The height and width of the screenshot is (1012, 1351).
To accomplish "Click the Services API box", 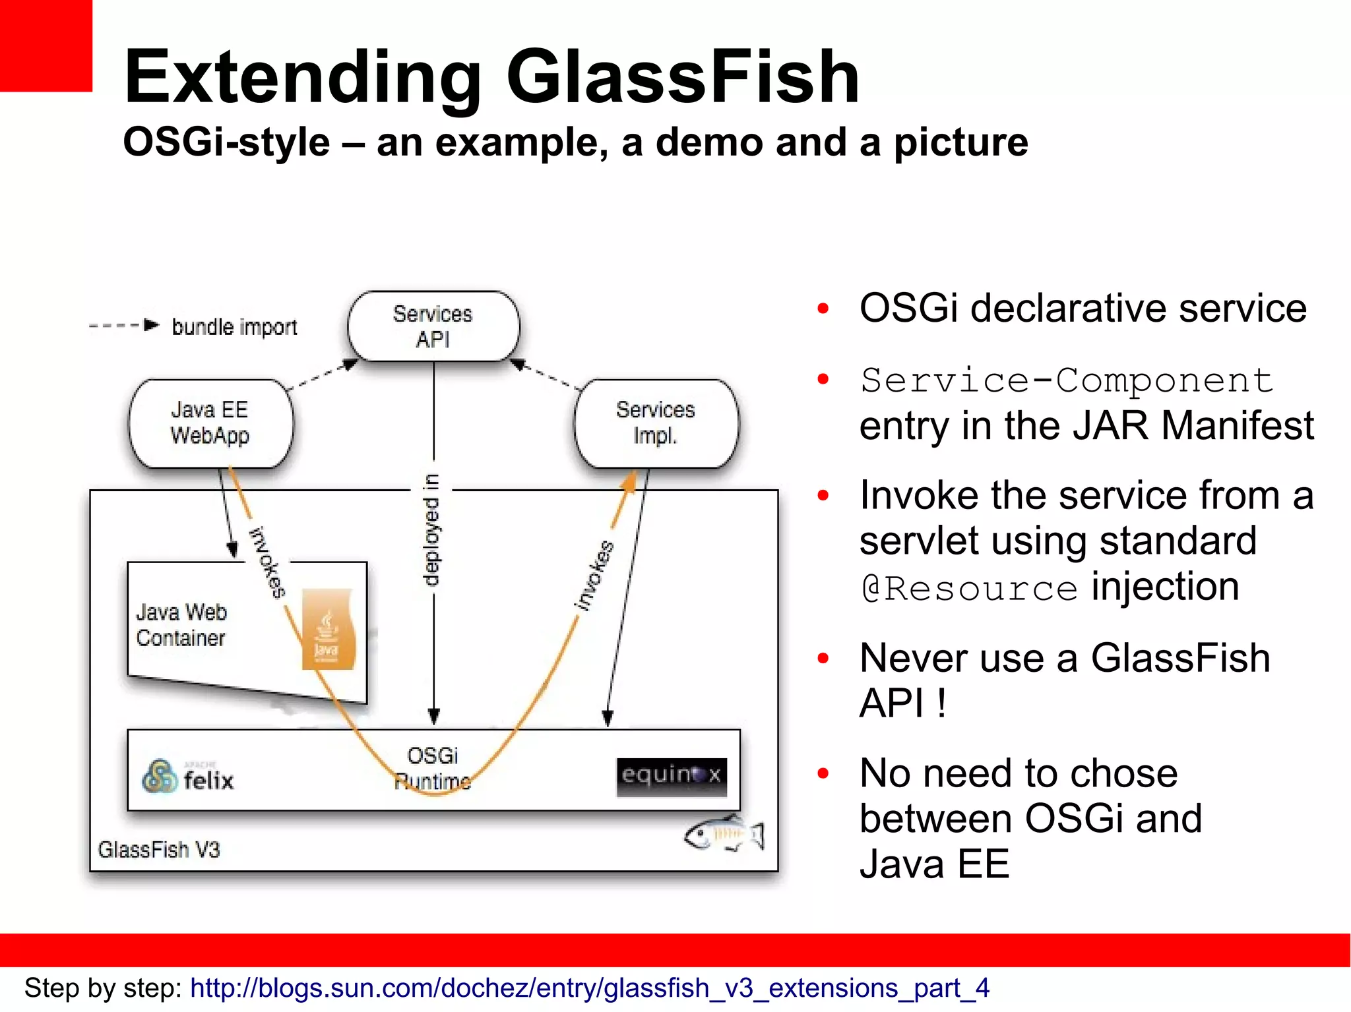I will pyautogui.click(x=433, y=326).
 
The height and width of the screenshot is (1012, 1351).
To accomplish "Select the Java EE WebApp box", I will pyautogui.click(x=210, y=423).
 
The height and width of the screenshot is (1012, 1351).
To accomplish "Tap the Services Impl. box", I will pyautogui.click(x=656, y=423).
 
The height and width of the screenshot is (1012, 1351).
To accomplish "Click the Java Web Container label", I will pyautogui.click(x=181, y=625).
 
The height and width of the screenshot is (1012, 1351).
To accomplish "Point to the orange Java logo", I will pyautogui.click(x=328, y=630).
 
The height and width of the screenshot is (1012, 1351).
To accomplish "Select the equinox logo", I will pyautogui.click(x=671, y=776).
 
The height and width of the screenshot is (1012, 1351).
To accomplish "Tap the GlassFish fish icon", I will pyautogui.click(x=724, y=835).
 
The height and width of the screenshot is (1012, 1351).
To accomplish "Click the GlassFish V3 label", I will pyautogui.click(x=159, y=849).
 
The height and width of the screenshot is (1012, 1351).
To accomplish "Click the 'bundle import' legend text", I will pyautogui.click(x=234, y=327).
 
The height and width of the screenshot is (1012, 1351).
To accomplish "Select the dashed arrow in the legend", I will pyautogui.click(x=124, y=325).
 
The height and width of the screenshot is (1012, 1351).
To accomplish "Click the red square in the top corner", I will pyautogui.click(x=45, y=45).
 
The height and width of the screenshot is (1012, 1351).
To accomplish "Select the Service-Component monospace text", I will pyautogui.click(x=1066, y=380).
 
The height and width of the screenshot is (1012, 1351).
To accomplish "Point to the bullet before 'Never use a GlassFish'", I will pyautogui.click(x=823, y=658).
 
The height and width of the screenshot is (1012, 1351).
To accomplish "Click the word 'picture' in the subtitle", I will pyautogui.click(x=960, y=142).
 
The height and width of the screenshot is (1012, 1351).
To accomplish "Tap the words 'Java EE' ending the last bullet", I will pyautogui.click(x=934, y=864).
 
